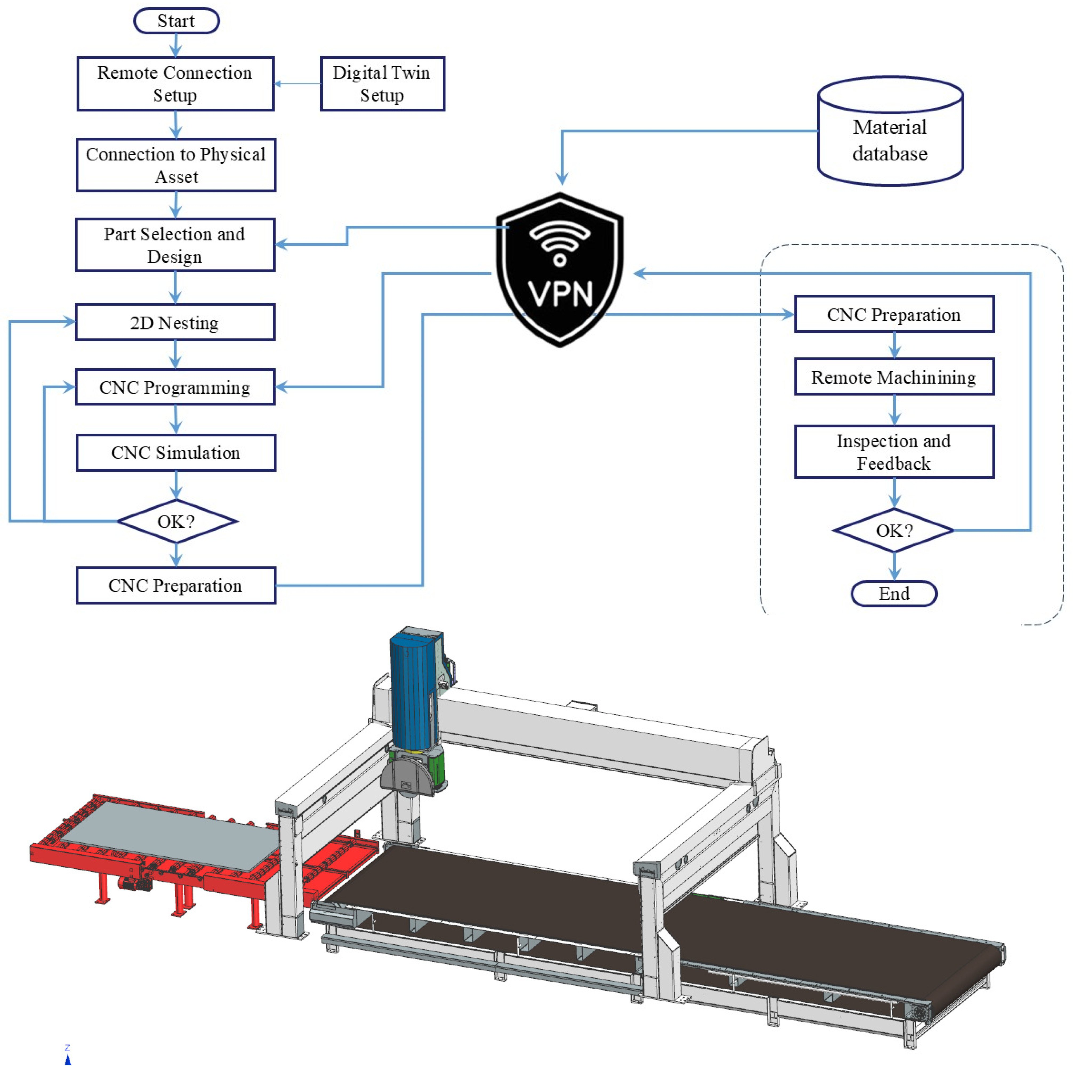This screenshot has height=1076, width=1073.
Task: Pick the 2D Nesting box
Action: [175, 322]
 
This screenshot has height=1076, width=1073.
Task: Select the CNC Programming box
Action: [175, 386]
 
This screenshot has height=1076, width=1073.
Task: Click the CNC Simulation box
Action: [175, 452]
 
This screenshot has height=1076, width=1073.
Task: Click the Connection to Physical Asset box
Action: [175, 165]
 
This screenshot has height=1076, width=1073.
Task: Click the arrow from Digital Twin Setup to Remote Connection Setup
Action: [298, 83]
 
